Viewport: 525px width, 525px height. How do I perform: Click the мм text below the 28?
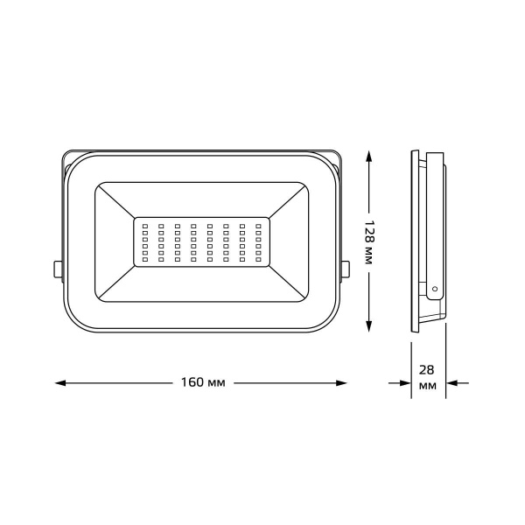428,386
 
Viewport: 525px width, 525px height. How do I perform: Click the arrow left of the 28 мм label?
402,383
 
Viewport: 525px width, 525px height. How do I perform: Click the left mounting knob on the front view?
58,269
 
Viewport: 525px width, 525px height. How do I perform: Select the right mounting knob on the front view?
346,269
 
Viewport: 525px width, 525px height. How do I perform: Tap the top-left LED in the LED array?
144,226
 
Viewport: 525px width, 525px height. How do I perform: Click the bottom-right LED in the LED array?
258,259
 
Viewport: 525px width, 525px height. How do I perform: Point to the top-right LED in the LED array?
258,226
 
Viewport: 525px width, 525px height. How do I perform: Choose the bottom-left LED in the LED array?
144,259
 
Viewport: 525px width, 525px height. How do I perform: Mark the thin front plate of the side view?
414,241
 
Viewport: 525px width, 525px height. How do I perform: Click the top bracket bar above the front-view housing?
201,148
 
